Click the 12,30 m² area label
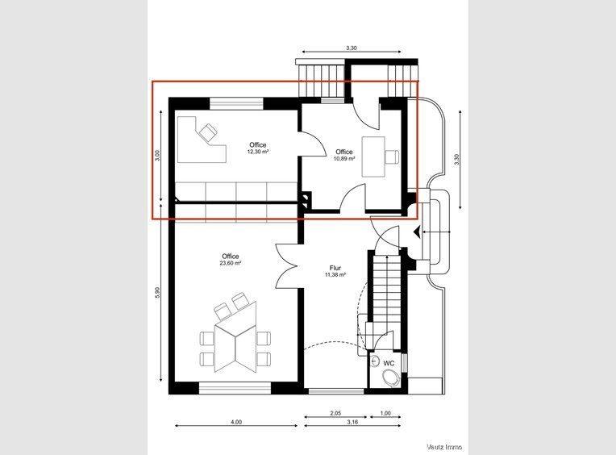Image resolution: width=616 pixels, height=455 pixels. (258, 152)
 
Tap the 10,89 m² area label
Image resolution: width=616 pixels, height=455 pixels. (344, 159)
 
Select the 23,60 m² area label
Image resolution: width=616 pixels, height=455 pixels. (231, 263)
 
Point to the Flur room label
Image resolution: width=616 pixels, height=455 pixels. (335, 269)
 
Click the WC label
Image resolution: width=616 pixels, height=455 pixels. (389, 364)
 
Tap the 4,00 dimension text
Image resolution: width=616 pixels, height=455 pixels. (236, 422)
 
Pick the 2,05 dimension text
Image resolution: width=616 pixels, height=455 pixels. (335, 413)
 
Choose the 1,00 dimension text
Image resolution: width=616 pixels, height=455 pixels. (385, 413)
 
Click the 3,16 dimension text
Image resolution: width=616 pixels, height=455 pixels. (352, 422)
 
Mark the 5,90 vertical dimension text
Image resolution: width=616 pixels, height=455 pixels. (157, 293)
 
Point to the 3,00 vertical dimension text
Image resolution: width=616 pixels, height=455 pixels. (157, 156)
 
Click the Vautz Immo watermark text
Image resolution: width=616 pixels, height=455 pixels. (444, 447)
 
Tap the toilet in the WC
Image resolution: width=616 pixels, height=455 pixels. (391, 378)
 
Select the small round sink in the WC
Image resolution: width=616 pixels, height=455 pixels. (375, 360)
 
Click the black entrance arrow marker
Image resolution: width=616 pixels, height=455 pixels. (417, 232)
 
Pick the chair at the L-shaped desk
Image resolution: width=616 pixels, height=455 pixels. (208, 131)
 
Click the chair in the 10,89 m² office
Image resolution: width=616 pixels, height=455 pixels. (392, 157)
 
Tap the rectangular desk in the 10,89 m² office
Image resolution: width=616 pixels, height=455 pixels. (373, 157)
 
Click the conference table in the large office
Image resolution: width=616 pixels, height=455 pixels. (235, 336)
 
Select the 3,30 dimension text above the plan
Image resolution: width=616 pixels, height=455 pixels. (352, 48)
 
